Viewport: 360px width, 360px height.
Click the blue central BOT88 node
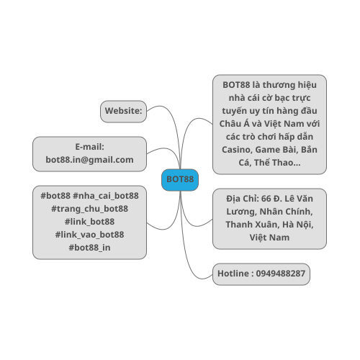[x=180, y=180]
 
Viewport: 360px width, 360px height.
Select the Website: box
[x=123, y=112]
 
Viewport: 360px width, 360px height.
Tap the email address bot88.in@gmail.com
[x=89, y=160]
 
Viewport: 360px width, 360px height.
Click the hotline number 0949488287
[x=281, y=274]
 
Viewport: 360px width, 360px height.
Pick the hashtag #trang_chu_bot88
[x=89, y=209]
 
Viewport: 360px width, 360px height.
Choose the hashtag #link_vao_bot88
[x=89, y=235]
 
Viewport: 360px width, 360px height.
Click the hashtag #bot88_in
[x=89, y=248]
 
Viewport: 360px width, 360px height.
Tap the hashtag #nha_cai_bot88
[x=106, y=196]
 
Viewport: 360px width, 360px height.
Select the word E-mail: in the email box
[x=89, y=147]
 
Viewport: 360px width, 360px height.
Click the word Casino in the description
[x=237, y=150]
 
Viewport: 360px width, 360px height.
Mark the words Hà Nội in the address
[x=298, y=225]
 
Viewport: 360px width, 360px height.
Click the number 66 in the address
[x=266, y=199]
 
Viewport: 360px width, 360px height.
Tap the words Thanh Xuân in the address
[x=253, y=225]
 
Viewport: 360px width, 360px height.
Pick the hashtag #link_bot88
[x=89, y=222]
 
